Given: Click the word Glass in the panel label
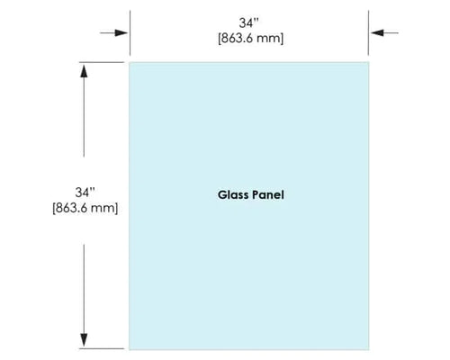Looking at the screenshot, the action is pos(233,195).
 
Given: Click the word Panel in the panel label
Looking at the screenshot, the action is pos(268,195).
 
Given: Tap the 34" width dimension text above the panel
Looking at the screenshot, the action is pos(248,23).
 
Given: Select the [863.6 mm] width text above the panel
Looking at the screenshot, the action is pos(250,39).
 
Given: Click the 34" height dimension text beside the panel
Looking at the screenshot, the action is pos(85,193).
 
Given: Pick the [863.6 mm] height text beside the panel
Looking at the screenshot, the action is pos(85,208).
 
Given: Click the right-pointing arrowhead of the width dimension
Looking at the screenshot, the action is pos(121,32).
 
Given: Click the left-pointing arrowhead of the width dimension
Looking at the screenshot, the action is pos(377,32).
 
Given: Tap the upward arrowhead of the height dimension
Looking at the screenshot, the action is pos(84,70).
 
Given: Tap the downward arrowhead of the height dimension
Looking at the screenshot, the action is pos(84,340).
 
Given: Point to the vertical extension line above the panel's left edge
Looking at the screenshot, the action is pos(130,33).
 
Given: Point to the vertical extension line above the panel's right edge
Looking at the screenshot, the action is pos(368,33).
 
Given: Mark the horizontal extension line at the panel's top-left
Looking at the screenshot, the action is pos(102,62).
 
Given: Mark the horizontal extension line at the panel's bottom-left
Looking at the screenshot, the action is pos(102,348).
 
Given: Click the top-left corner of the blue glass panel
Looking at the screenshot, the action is pos(130,62).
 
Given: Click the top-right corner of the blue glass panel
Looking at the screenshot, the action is pos(369,62).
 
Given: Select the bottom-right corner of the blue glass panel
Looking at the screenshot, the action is pos(369,349).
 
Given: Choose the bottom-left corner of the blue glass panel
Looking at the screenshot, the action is pos(130,349).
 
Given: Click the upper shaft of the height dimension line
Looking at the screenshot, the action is pos(84,117).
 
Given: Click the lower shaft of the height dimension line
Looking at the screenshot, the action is pos(84,289).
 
